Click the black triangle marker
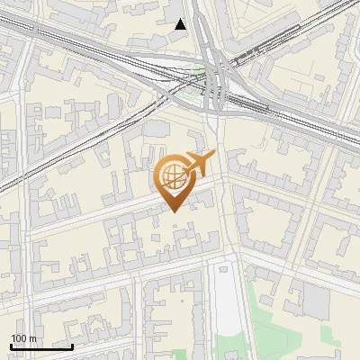pyautogui.click(x=181, y=24)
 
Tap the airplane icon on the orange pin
pyautogui.click(x=198, y=164)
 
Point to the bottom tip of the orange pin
pyautogui.click(x=173, y=211)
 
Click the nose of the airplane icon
pyautogui.click(x=212, y=157)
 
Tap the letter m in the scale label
pyautogui.click(x=33, y=338)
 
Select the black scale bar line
pyautogui.click(x=41, y=346)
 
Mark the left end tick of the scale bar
pyautogui.click(x=11, y=345)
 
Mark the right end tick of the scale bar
pyautogui.click(x=73, y=345)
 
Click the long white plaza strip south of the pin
pyautogui.click(x=229, y=297)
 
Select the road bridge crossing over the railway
pyautogui.click(x=214, y=85)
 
